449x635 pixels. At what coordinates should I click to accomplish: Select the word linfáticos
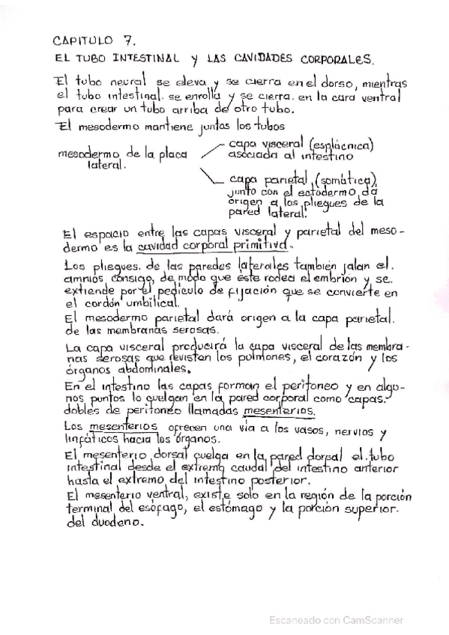(x=89, y=437)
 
